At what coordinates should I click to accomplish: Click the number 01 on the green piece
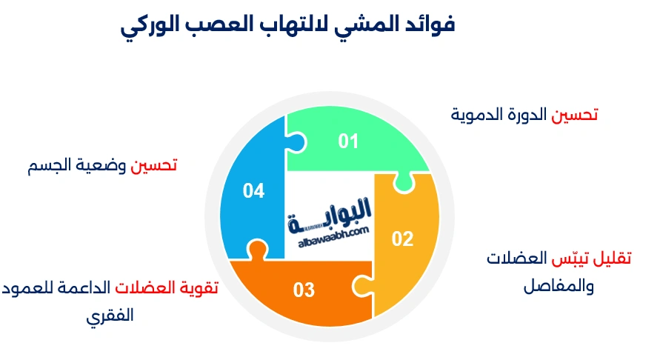tap(348, 141)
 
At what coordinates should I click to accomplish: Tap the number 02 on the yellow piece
tap(402, 239)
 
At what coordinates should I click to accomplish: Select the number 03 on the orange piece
tap(304, 290)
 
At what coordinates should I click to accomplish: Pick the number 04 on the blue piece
tap(253, 191)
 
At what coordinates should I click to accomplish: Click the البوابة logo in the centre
tap(329, 213)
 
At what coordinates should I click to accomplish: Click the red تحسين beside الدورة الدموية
tap(576, 115)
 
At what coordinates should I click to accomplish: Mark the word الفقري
tap(110, 315)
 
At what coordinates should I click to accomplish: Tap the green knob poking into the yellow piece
tap(401, 181)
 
